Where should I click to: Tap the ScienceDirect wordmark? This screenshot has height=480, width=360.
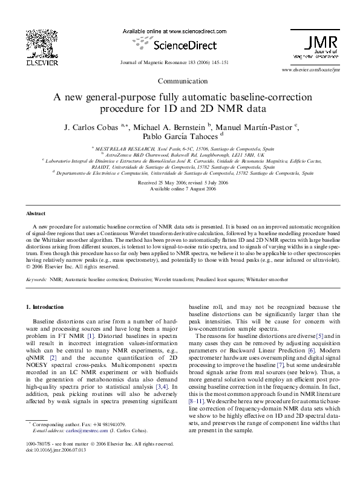click(x=181, y=44)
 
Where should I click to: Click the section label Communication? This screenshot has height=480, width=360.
click(x=180, y=81)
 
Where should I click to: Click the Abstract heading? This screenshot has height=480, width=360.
click(x=35, y=214)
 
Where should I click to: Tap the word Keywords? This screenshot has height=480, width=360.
click(x=36, y=280)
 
